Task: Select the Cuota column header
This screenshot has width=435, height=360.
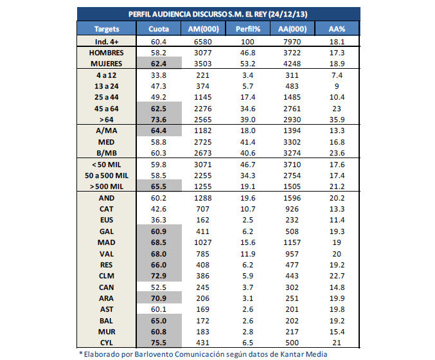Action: pyautogui.click(x=159, y=29)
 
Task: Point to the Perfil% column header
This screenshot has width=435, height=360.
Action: pyautogui.click(x=247, y=29)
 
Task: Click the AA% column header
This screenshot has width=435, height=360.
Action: pyautogui.click(x=337, y=29)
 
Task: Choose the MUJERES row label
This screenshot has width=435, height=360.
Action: pyautogui.click(x=106, y=64)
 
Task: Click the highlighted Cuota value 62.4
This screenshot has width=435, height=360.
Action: pyautogui.click(x=159, y=64)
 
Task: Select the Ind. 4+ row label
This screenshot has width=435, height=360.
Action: pyautogui.click(x=106, y=41)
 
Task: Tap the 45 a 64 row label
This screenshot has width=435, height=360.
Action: pyautogui.click(x=106, y=109)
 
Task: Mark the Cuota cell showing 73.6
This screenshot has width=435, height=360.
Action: pyautogui.click(x=159, y=120)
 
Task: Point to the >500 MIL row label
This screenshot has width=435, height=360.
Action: pyautogui.click(x=106, y=186)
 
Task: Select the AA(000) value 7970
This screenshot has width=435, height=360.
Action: pyautogui.click(x=292, y=41)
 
